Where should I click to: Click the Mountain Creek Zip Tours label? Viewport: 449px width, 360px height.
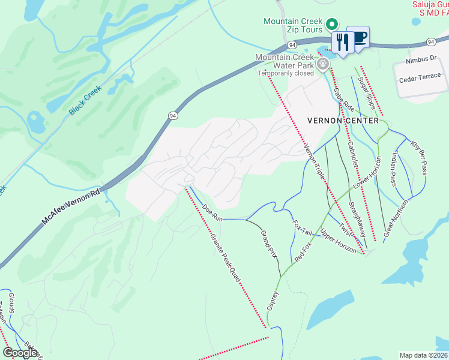tap(292, 25)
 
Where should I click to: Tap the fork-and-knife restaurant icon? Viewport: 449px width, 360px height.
tap(341, 43)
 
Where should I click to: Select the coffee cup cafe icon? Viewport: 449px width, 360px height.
tap(358, 37)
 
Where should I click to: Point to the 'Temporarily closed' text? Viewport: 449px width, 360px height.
tap(286, 73)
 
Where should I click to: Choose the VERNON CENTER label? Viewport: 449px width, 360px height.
tap(343, 121)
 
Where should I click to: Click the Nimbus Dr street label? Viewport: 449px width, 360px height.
tap(420, 59)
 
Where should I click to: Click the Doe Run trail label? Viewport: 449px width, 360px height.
tap(212, 214)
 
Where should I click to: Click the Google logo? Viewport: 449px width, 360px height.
tap(20, 353)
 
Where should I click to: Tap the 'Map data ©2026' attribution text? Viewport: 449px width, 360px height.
tap(423, 355)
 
